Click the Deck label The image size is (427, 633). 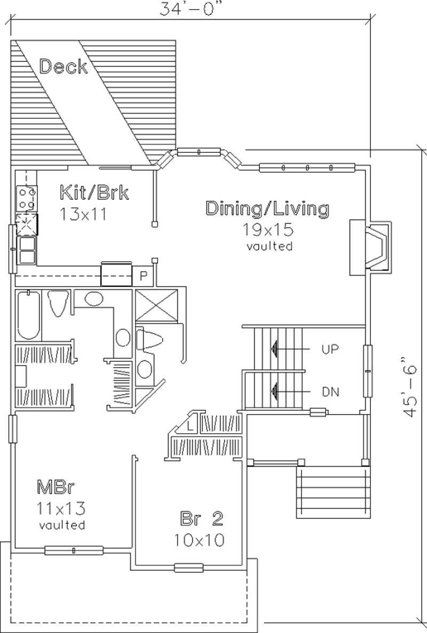click(64, 67)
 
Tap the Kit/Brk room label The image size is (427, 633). click(94, 192)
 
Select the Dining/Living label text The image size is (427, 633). click(267, 208)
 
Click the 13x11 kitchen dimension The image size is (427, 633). click(84, 214)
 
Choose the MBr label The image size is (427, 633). click(55, 487)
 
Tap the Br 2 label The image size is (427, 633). click(201, 518)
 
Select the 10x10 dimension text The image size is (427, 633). click(199, 539)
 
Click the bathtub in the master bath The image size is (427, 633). click(28, 315)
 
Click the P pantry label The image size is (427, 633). click(143, 276)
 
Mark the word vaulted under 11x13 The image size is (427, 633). click(62, 525)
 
